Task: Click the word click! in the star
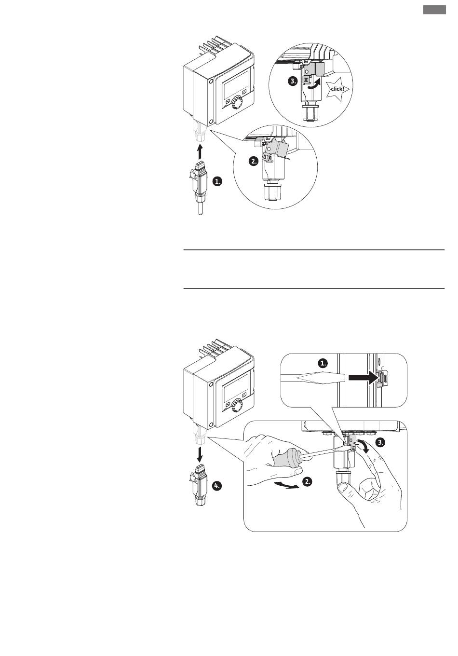tap(337, 89)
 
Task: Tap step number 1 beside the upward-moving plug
tap(217, 181)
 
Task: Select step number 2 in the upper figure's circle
tap(254, 161)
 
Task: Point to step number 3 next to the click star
tap(293, 81)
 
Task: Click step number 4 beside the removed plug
tap(217, 486)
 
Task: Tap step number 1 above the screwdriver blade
tap(323, 363)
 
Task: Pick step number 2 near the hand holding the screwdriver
tap(307, 481)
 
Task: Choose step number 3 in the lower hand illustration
tap(380, 442)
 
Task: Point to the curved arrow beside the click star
tap(314, 86)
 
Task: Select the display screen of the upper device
tap(236, 84)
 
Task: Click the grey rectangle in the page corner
tap(434, 10)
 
